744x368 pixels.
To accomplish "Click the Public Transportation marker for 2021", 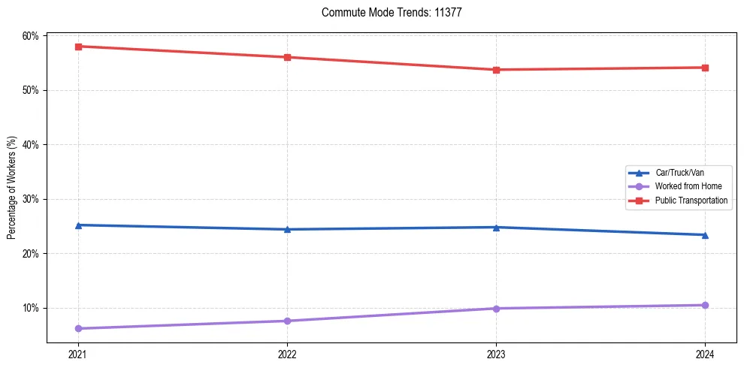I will (x=78, y=47).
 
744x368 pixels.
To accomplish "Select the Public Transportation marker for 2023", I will (x=496, y=70).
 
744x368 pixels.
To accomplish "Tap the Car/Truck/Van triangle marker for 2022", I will (x=287, y=229).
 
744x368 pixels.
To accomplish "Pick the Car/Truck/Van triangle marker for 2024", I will (x=705, y=234).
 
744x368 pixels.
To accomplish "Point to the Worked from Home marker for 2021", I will (x=78, y=328).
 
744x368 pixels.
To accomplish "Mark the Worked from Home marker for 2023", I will (x=496, y=308).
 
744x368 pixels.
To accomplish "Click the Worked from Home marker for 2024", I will (x=705, y=305).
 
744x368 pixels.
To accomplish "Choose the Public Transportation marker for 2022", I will (x=287, y=57).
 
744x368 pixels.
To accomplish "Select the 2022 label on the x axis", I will (x=287, y=354).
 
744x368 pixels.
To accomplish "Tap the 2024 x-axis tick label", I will (x=705, y=354).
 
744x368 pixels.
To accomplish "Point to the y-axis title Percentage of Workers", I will (x=12, y=188).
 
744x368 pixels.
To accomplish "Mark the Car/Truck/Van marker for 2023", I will (x=496, y=227).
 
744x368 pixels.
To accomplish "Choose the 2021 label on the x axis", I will (x=78, y=354).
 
